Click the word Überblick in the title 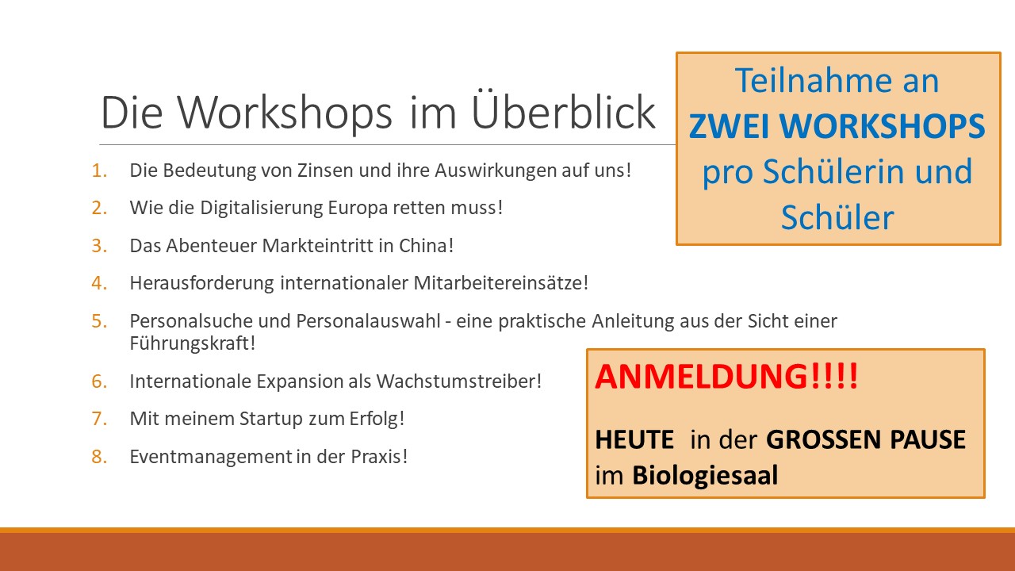563,112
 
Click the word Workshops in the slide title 284,113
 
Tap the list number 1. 99,171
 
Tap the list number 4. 99,283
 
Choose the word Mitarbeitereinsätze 500,283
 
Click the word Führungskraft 192,343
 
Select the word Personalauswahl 369,321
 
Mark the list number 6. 99,381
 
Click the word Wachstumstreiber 459,381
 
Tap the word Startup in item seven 271,420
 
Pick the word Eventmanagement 211,457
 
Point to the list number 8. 99,457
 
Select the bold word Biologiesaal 705,475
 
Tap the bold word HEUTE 634,439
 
